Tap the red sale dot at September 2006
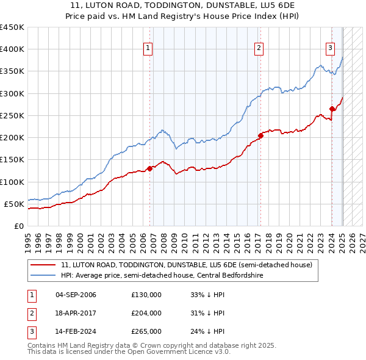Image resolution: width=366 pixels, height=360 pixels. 149,168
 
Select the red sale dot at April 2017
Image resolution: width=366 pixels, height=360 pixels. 260,135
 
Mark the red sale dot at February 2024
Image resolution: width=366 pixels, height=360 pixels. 332,109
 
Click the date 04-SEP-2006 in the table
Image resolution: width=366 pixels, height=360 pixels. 76,295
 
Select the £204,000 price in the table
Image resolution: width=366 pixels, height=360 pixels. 146,313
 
